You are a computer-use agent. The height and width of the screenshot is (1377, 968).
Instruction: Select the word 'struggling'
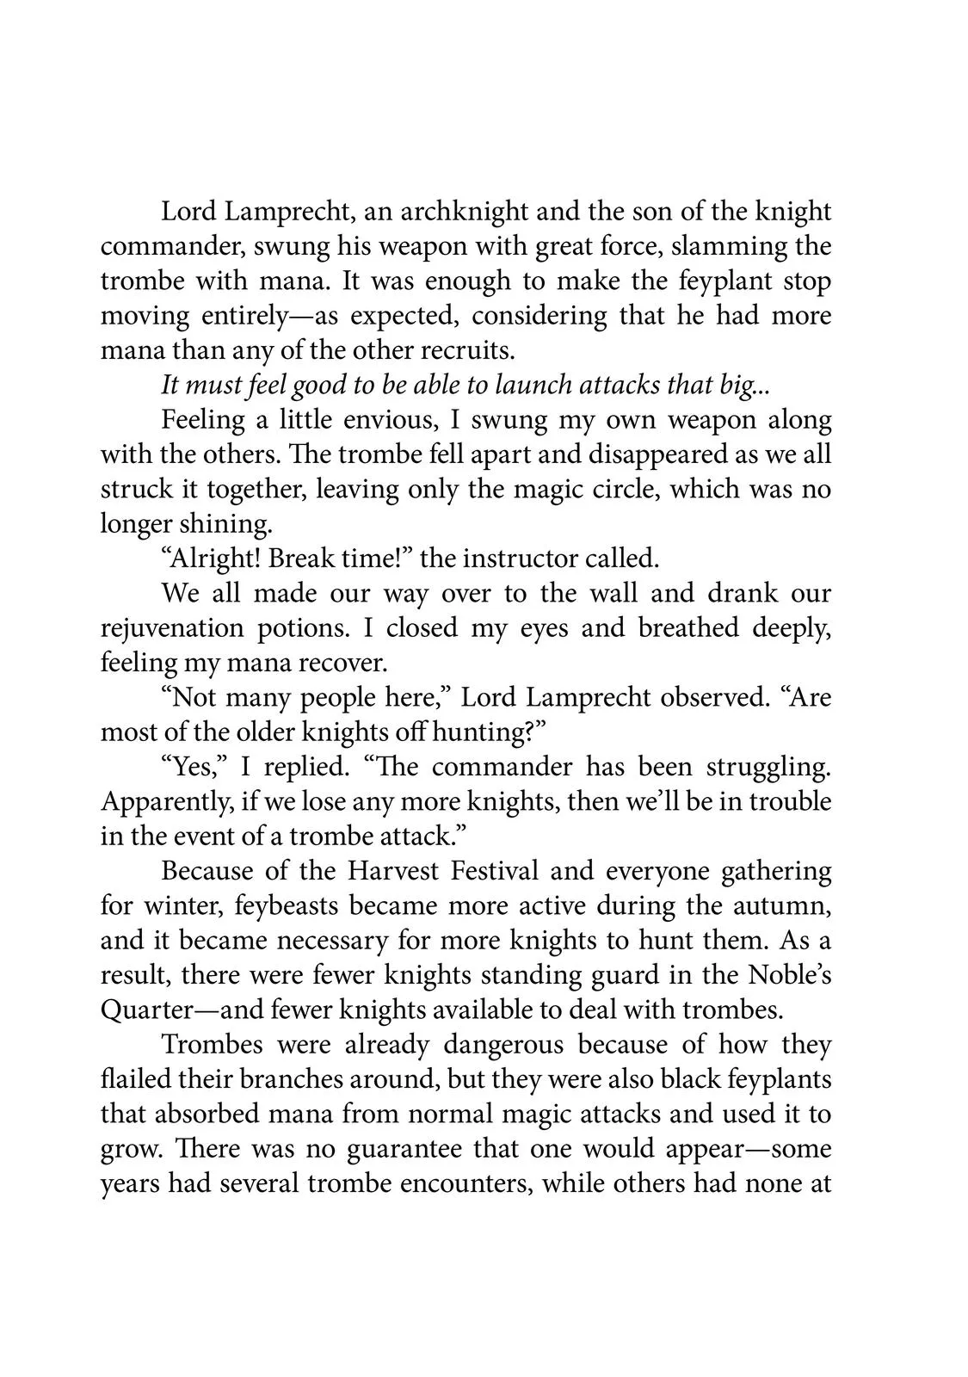point(768,767)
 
